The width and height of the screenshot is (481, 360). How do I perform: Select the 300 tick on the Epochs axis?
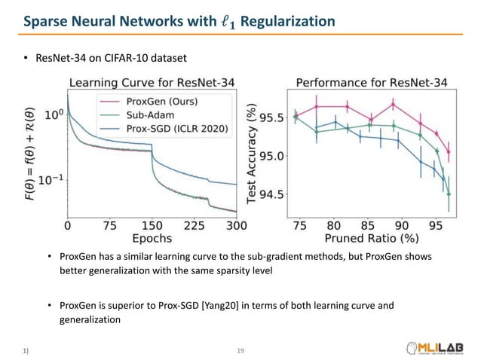(x=236, y=224)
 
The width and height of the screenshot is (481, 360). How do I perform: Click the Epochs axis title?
(x=152, y=239)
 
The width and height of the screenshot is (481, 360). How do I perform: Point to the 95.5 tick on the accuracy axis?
(x=271, y=117)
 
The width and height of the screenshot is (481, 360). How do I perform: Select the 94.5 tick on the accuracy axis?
(x=271, y=194)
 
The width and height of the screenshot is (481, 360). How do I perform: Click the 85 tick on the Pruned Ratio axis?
(x=367, y=224)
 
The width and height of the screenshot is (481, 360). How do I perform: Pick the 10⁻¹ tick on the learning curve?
(x=51, y=178)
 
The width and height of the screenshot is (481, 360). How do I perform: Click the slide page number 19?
(x=240, y=350)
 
